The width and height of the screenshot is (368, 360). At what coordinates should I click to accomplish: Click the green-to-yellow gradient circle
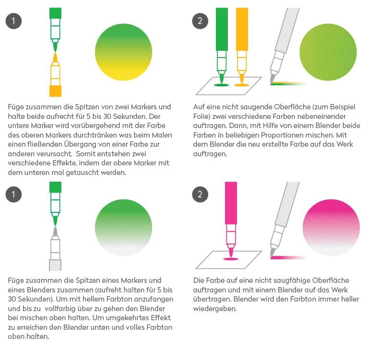click(123, 52)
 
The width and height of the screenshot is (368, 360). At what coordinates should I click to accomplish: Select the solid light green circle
click(328, 52)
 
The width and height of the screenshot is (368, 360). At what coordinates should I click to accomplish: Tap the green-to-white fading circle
click(123, 228)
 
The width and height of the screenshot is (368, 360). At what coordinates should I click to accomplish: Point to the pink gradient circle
click(331, 228)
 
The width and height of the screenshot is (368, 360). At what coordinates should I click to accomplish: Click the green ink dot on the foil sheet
click(221, 85)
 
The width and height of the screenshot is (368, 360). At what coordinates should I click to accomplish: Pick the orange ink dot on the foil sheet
click(242, 85)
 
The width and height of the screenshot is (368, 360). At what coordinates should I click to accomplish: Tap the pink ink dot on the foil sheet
click(231, 259)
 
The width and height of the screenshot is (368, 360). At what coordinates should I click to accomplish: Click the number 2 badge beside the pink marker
click(200, 195)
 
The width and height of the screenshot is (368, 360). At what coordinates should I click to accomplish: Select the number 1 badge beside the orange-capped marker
click(13, 21)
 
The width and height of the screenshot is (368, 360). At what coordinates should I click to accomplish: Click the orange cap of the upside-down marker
click(55, 91)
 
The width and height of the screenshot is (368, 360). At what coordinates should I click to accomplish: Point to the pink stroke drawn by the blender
click(289, 257)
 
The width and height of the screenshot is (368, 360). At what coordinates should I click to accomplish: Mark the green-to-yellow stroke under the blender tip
click(289, 84)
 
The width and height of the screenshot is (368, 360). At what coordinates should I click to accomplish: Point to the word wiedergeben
click(215, 309)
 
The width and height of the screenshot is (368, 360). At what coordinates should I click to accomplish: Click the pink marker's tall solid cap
click(231, 203)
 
